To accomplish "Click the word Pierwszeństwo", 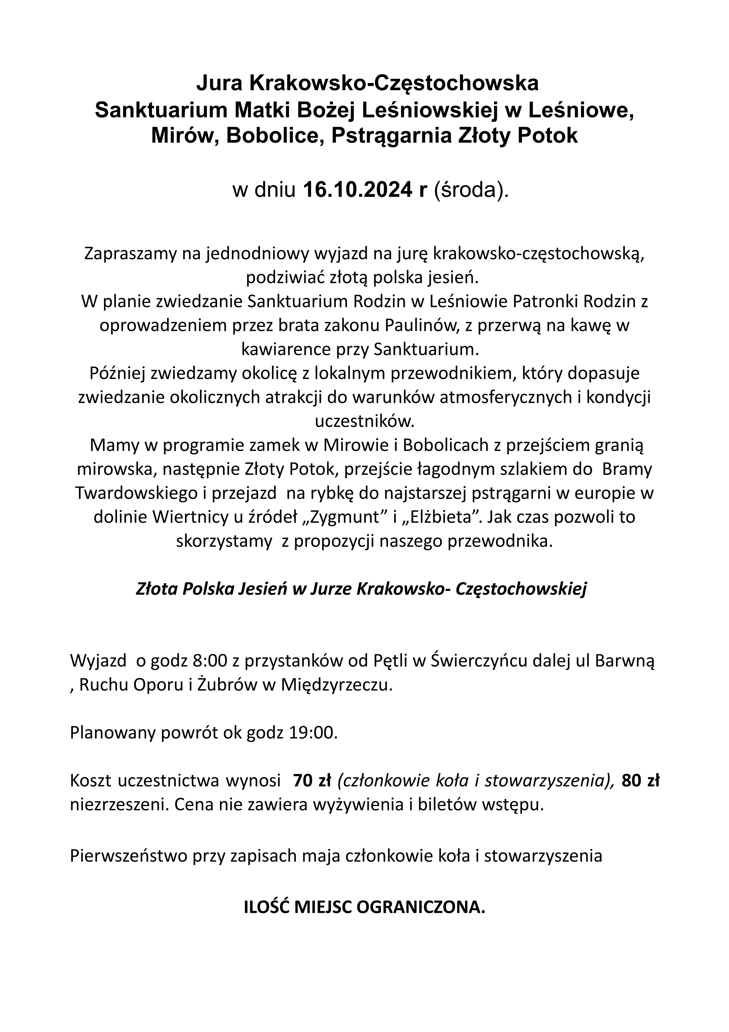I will pos(128,854).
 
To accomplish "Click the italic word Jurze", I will pos(330,589).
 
